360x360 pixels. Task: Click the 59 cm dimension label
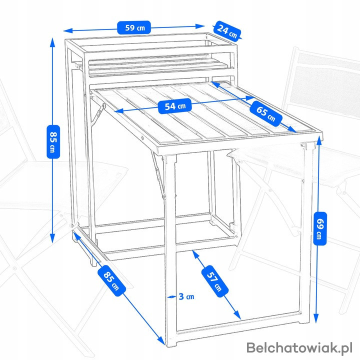[134, 27]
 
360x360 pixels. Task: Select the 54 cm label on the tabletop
[175, 106]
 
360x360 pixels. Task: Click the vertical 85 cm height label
[53, 141]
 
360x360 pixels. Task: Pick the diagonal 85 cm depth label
[111, 280]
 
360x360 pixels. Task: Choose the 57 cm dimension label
[215, 281]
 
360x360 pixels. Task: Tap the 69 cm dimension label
[320, 228]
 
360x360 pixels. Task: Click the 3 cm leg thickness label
[186, 296]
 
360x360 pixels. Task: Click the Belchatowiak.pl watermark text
[299, 347]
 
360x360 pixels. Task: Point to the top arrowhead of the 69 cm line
[318, 139]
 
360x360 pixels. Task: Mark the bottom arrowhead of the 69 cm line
[316, 319]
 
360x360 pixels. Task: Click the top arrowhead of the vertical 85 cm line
[53, 41]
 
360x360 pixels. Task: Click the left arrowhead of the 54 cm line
[118, 111]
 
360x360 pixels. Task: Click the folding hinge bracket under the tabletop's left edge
[99, 113]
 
